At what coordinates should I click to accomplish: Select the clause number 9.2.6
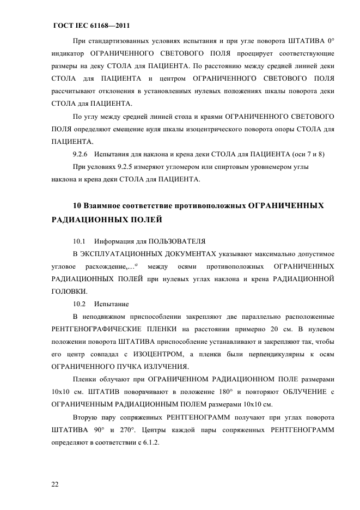coord(81,154)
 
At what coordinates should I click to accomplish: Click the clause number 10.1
coord(80,240)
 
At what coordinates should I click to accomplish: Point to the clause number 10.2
coord(80,303)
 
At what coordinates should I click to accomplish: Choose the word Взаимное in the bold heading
coord(102,205)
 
